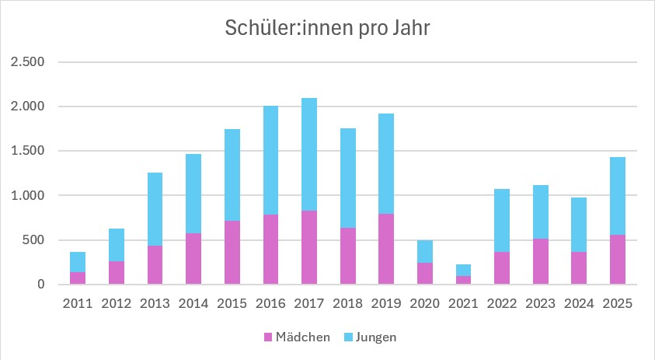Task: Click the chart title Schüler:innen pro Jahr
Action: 327,28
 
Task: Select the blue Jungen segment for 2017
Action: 308,154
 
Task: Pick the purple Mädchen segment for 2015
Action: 232,252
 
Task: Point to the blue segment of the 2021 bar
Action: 463,270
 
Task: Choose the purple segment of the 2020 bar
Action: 424,273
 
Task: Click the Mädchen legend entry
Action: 298,337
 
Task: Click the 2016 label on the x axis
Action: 270,303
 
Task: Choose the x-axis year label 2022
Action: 502,303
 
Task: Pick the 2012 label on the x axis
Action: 117,303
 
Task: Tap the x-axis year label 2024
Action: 579,303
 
